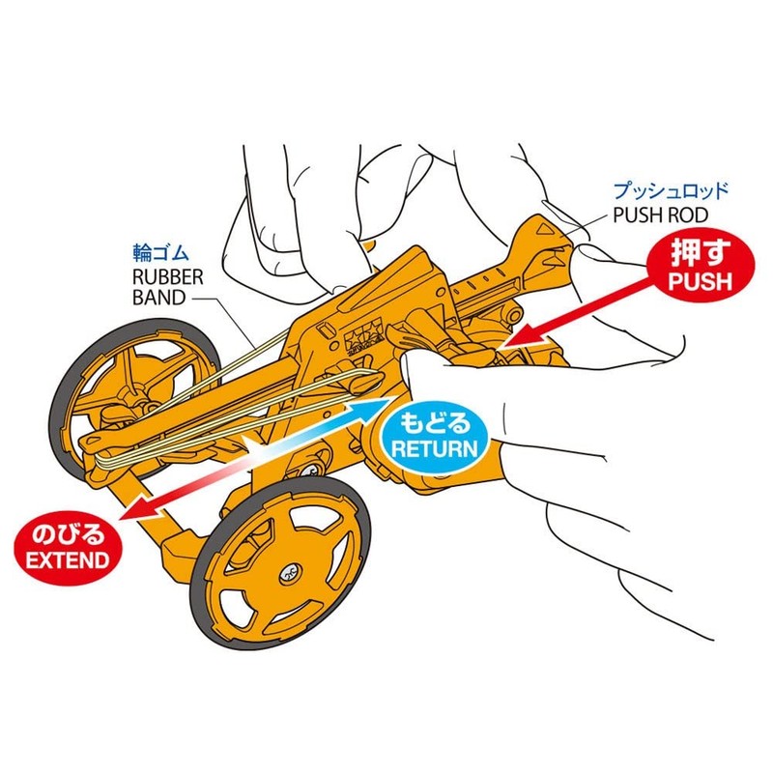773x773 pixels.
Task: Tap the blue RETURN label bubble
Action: point(432,435)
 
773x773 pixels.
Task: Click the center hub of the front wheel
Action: point(287,574)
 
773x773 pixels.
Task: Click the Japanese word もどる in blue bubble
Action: point(432,422)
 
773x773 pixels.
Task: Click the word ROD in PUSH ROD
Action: point(690,214)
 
